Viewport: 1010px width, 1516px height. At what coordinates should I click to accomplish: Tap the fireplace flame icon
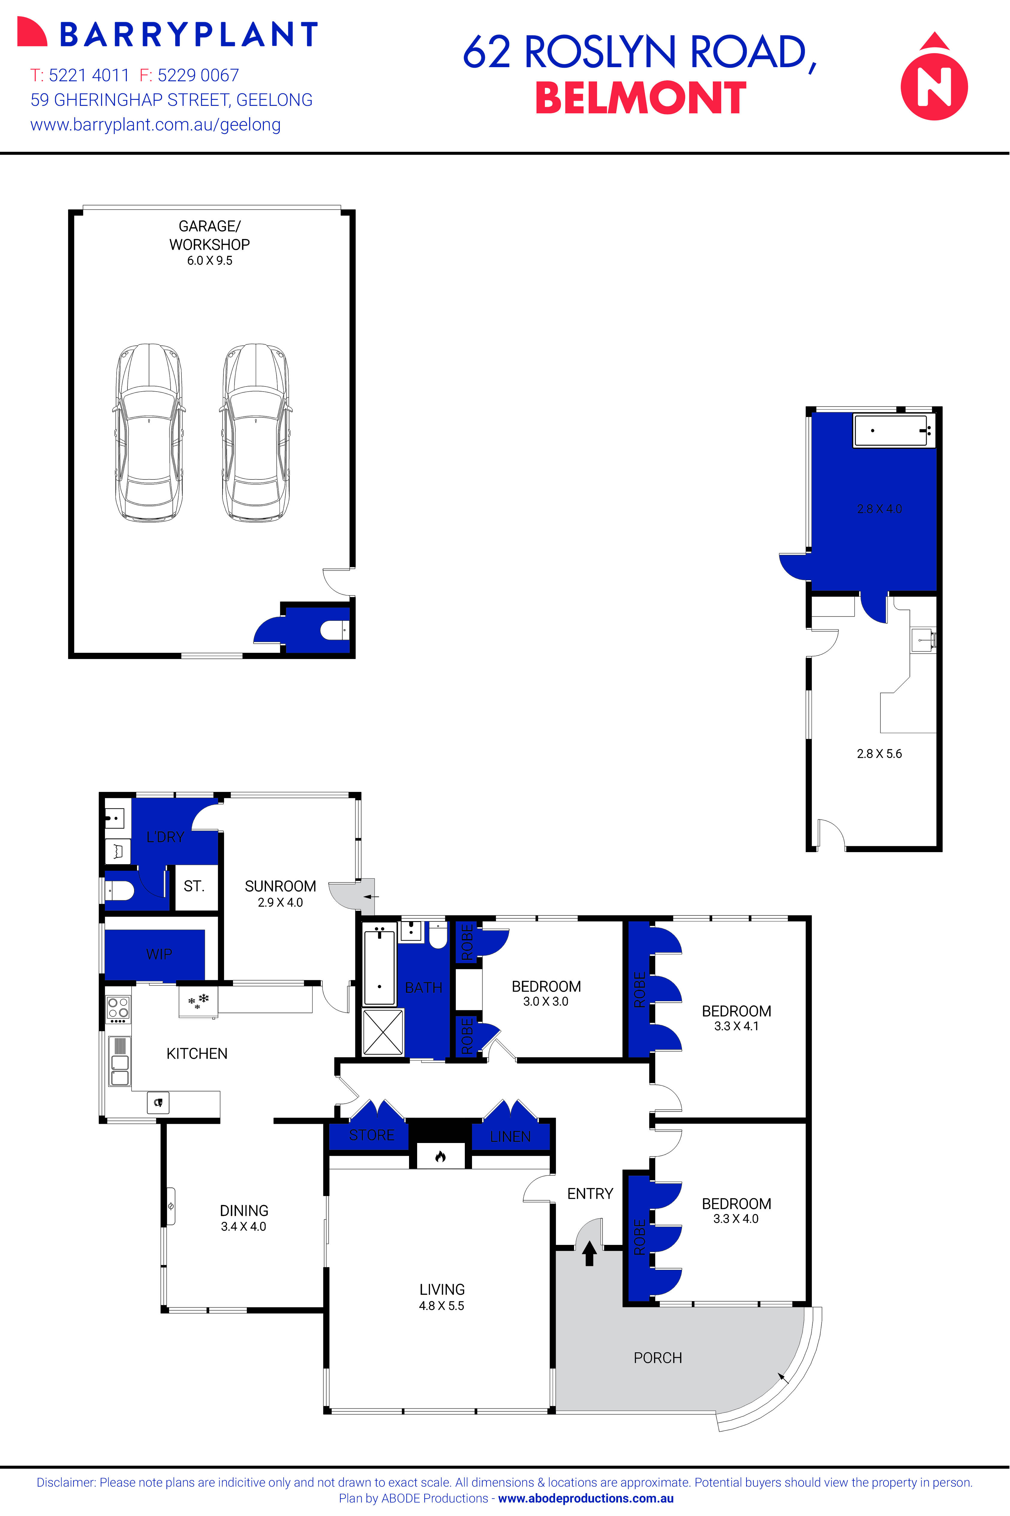440,1156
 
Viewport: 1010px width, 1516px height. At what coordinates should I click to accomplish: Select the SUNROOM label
280,886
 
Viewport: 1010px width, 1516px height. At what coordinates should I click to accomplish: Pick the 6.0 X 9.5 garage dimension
209,261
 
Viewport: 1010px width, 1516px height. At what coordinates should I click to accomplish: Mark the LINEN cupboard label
510,1137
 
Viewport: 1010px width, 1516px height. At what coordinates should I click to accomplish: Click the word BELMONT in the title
640,99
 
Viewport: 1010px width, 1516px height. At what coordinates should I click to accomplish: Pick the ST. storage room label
194,886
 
